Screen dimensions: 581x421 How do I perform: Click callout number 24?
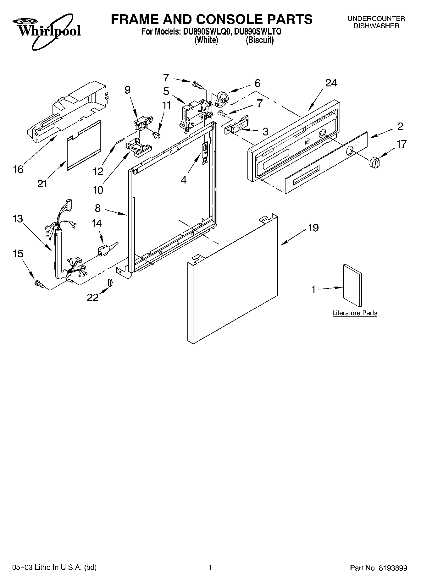pos(331,83)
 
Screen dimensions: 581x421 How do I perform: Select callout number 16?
pos(18,169)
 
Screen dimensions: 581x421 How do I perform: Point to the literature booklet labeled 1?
pos(352,285)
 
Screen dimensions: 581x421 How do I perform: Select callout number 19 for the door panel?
pos(313,227)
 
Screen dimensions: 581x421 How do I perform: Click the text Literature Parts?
pos(355,313)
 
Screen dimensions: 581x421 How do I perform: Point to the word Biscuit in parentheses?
pos(260,40)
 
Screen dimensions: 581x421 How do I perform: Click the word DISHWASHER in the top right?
pos(376,26)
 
